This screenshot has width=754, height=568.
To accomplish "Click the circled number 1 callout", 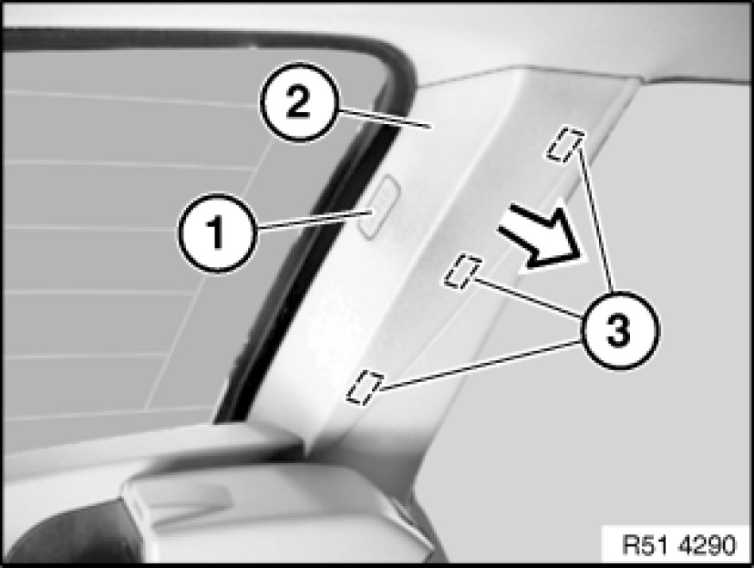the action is (217, 233).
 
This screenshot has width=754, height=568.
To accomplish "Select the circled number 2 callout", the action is (299, 102).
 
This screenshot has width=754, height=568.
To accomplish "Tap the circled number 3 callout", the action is (620, 330).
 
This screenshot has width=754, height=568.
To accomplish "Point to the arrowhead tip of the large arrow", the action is (588, 262).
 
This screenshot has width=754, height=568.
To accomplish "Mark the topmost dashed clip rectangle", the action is (565, 143).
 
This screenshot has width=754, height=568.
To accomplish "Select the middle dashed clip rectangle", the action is (464, 271).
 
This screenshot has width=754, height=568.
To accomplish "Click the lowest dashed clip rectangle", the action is (364, 387).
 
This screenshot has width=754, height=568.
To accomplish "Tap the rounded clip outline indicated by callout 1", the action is (380, 207).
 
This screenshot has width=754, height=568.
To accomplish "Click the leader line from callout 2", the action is (383, 118).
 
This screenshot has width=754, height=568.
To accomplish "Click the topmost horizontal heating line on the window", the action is (130, 97).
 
